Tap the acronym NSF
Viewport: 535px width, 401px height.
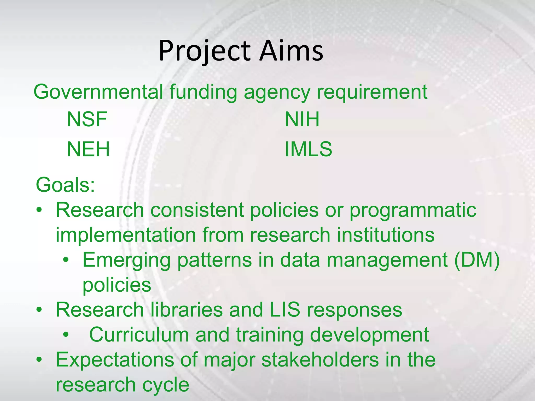(x=87, y=119)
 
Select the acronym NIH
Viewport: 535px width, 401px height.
(x=302, y=119)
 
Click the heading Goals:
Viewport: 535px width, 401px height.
(x=65, y=185)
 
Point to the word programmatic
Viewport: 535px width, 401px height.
(x=413, y=210)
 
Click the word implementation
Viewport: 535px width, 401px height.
(x=126, y=235)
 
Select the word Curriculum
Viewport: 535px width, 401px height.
(x=139, y=335)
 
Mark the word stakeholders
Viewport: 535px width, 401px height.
(x=320, y=360)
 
